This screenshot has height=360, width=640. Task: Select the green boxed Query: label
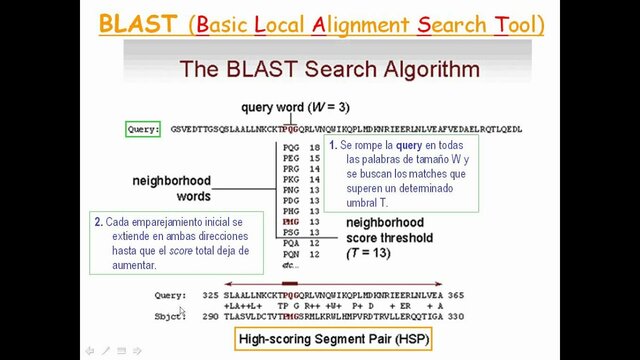pyautogui.click(x=143, y=129)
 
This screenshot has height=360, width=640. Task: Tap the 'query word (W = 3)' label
pyautogui.click(x=287, y=107)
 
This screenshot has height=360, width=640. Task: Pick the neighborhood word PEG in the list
pyautogui.click(x=290, y=158)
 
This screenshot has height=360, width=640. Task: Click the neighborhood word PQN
pyautogui.click(x=290, y=254)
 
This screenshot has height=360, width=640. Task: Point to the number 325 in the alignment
pyautogui.click(x=210, y=296)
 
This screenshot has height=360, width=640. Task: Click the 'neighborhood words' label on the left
pyautogui.click(x=172, y=188)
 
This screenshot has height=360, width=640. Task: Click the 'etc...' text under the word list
pyautogui.click(x=290, y=265)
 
